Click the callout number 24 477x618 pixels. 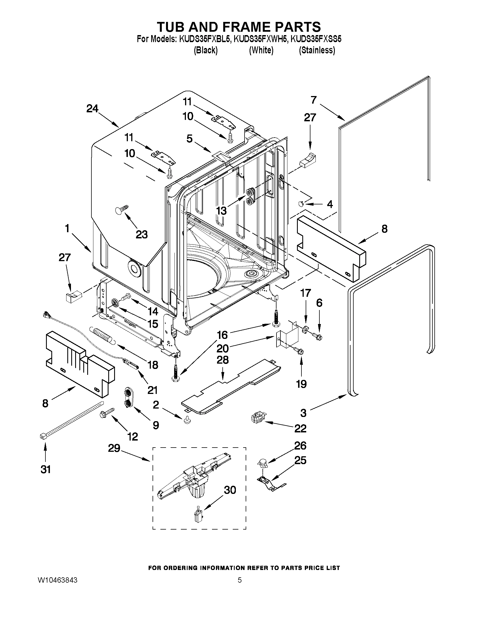(x=93, y=109)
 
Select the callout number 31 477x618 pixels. (x=45, y=469)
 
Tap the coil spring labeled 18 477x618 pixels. (x=102, y=335)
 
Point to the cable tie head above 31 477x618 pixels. (x=43, y=437)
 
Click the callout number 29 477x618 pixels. (x=114, y=448)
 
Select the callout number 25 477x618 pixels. (x=300, y=460)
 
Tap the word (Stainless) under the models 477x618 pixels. (x=317, y=50)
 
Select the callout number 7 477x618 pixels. (x=314, y=100)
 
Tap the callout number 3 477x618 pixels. (x=303, y=413)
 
